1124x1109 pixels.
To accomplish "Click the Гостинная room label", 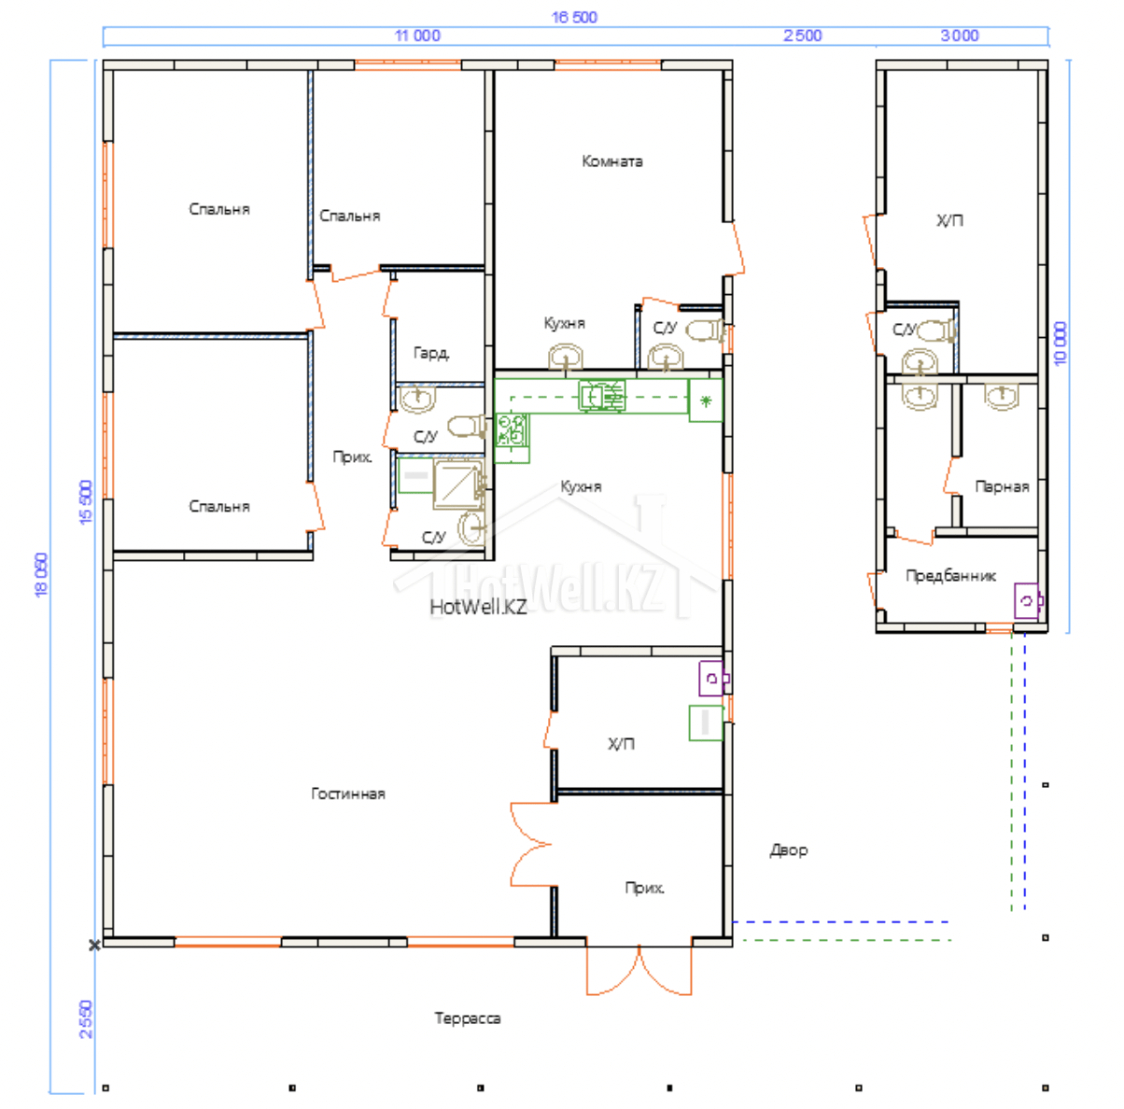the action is coord(348,793).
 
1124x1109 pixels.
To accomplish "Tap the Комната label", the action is coord(612,161).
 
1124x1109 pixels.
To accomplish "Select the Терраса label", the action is coord(468,1018).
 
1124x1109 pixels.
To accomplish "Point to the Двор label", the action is coord(789,850).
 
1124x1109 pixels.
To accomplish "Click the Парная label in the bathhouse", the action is coord(1002,486).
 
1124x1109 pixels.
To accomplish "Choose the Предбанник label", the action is coord(950,576).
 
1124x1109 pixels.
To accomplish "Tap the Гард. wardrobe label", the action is coord(431,353).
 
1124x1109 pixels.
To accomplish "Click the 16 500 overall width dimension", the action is coord(574,17).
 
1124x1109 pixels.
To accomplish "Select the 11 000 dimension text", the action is coord(417,35).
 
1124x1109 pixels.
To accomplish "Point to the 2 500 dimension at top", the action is coord(803,35).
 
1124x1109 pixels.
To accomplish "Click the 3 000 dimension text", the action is coord(960,35).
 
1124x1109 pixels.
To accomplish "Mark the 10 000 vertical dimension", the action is coord(1060,344).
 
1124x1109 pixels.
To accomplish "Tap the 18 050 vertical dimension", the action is coord(40,575).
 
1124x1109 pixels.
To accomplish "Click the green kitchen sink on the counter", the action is coord(602,396).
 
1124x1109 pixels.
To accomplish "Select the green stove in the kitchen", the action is coord(512,430).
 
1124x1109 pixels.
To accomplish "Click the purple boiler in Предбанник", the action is coord(1028,600).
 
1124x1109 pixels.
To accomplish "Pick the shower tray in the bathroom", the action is coord(458,484).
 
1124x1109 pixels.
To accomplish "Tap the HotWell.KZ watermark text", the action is coord(478,608).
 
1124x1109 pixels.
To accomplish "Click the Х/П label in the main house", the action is coord(621,744).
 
